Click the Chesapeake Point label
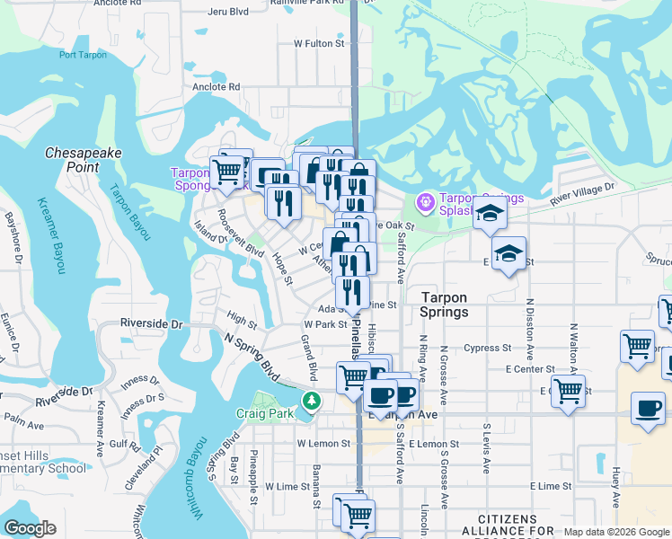coord(83,160)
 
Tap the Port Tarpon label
coord(83,55)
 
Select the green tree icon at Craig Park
coord(311,401)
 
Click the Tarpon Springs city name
coord(444,305)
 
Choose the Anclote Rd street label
coord(216,87)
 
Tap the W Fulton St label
coord(319,43)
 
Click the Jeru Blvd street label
coord(227,12)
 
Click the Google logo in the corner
coord(31,528)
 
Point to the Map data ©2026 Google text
coord(616,532)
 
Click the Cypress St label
coord(487,348)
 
